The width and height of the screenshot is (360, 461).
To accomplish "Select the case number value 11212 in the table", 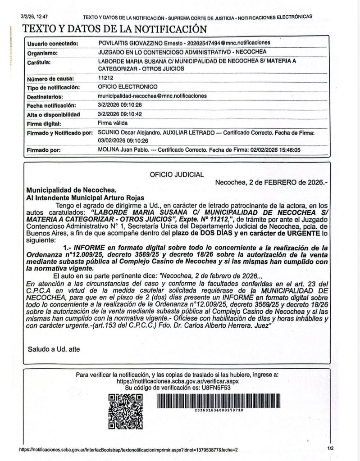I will coord(105,78).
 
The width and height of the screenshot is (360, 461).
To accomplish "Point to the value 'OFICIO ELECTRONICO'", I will coord(128,86).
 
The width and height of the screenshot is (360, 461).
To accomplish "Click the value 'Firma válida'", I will coord(112,122).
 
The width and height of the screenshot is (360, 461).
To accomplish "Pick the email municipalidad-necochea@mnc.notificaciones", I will coord(152,96).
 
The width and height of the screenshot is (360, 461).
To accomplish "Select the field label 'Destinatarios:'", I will coord(47,96).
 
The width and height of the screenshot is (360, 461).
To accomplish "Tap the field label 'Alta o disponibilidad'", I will coord(53,114).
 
